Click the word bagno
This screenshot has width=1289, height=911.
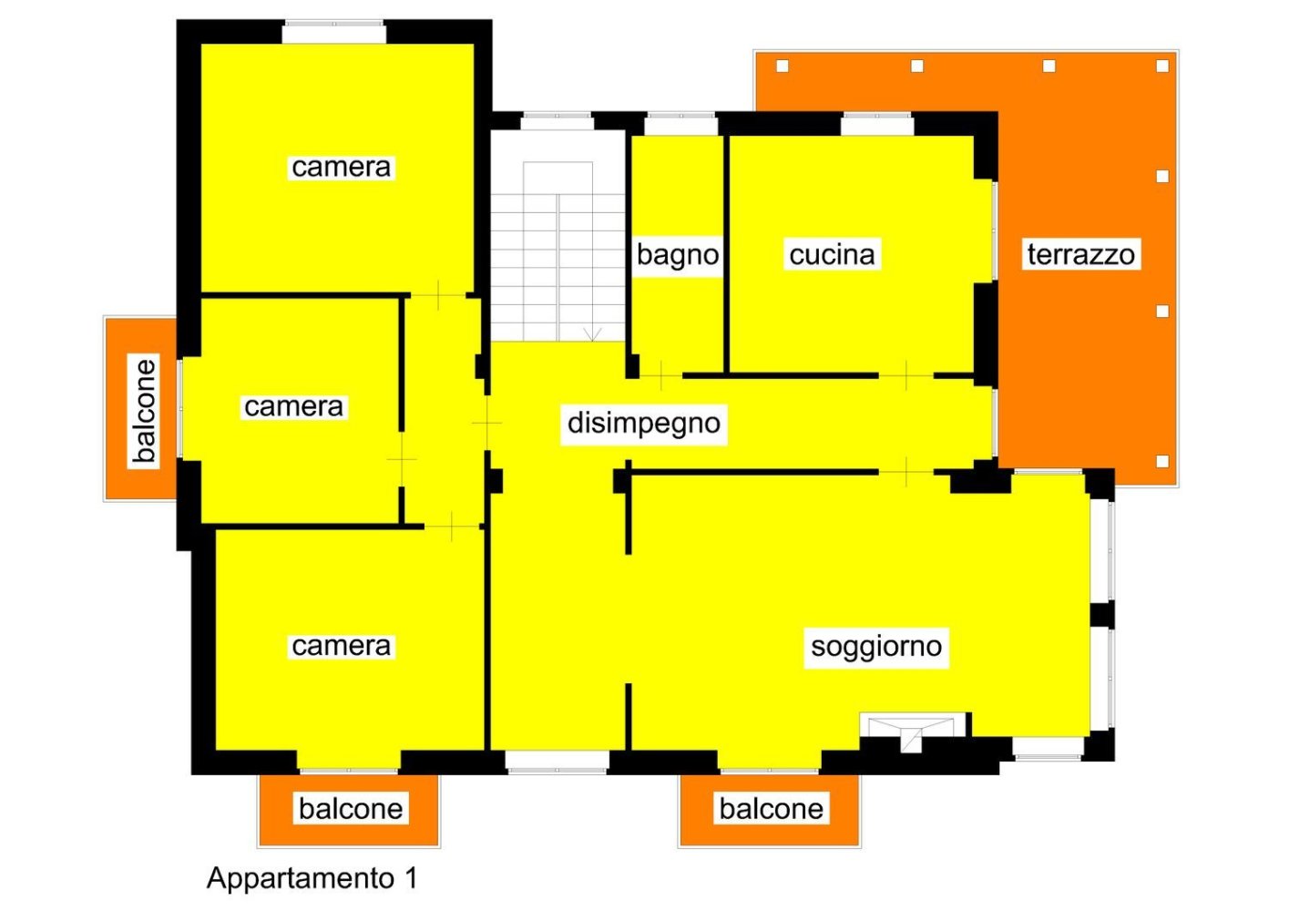click(678, 254)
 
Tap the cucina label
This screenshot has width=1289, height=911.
click(832, 254)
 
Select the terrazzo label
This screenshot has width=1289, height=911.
click(1080, 254)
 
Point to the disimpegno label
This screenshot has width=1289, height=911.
click(643, 423)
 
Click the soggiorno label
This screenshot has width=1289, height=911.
click(875, 646)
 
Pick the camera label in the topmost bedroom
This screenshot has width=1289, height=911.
click(341, 167)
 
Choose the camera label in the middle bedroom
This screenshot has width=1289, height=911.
click(293, 406)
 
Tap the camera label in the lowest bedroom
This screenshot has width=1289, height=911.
click(341, 646)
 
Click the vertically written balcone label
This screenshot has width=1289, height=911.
click(144, 410)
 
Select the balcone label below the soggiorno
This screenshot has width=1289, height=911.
click(771, 808)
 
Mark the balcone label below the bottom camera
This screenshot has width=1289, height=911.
click(351, 808)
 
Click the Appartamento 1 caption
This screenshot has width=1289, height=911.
click(312, 877)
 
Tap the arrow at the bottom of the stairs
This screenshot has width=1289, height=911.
click(592, 334)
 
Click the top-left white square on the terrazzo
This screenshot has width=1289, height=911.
click(782, 66)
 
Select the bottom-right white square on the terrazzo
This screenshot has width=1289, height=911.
click(1162, 462)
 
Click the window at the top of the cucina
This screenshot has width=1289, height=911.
click(876, 123)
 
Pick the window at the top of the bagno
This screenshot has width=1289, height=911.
click(680, 123)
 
